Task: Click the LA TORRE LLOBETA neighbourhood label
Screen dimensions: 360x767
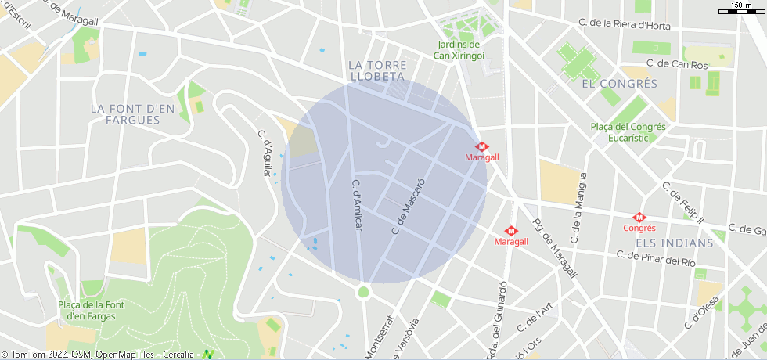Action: tap(376, 70)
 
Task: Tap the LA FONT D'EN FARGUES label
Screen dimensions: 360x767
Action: tap(132, 114)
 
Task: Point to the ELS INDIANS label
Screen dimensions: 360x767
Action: tap(675, 243)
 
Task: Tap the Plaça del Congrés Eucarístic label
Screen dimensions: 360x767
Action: tap(628, 131)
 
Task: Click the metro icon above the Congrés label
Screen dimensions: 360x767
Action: tap(639, 218)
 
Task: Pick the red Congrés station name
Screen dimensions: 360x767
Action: tap(639, 229)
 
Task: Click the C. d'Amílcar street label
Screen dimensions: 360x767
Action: tap(356, 204)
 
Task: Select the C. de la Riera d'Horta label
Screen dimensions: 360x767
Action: tap(625, 25)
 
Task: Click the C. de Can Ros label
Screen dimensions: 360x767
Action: tap(677, 64)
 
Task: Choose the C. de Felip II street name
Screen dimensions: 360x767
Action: tap(682, 202)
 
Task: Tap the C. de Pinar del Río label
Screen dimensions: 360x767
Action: tap(656, 258)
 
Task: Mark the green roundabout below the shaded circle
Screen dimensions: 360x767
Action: tap(363, 292)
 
